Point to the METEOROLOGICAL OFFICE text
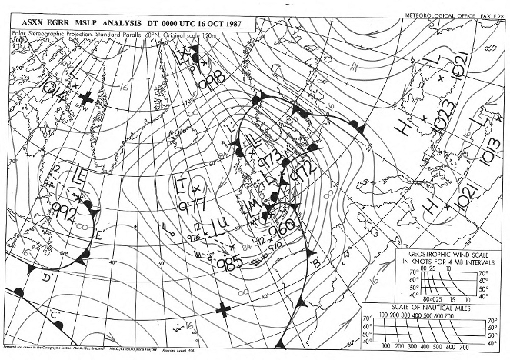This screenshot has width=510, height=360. pos(436,15)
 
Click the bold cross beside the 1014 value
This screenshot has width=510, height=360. pos(88,98)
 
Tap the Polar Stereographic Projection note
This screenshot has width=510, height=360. pos(58,35)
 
